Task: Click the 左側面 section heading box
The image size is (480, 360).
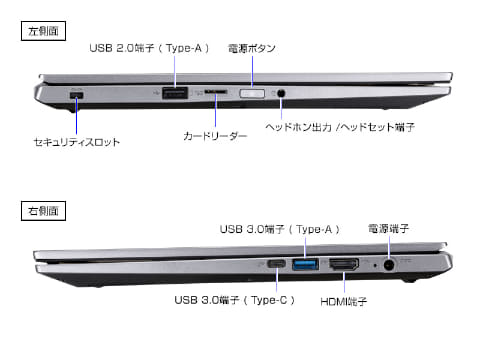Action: (x=42, y=31)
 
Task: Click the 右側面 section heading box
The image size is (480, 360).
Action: (x=42, y=210)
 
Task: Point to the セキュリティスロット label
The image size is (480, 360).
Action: (x=76, y=142)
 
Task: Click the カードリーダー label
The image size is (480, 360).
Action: (x=214, y=134)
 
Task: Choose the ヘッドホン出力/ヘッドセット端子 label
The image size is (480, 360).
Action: (x=340, y=128)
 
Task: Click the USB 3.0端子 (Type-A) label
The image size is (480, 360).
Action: (x=276, y=228)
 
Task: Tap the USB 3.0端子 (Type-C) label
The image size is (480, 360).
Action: (x=231, y=300)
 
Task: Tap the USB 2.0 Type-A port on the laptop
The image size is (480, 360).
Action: (x=175, y=93)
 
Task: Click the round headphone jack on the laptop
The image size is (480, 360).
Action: (x=283, y=93)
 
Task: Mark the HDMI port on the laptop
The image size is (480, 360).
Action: (x=344, y=264)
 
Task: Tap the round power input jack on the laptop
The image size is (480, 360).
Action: (x=405, y=264)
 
